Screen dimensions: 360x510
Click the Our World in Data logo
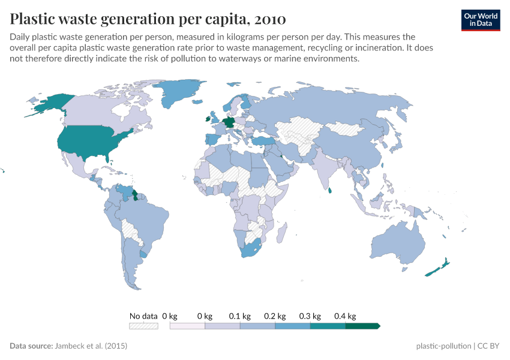pos(480,20)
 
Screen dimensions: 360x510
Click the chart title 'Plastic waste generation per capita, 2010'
pos(148,19)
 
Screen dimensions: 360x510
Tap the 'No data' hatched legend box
pos(143,326)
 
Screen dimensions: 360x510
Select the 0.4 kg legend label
pos(345,316)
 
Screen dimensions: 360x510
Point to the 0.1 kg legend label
pos(239,316)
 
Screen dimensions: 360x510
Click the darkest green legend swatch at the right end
pos(362,326)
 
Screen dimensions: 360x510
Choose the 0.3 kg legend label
pos(310,316)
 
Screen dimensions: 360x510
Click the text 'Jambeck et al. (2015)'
pos(91,346)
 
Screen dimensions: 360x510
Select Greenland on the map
pos(177,96)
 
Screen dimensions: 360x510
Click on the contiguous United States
pos(90,142)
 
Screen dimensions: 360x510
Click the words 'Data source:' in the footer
pos(31,346)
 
